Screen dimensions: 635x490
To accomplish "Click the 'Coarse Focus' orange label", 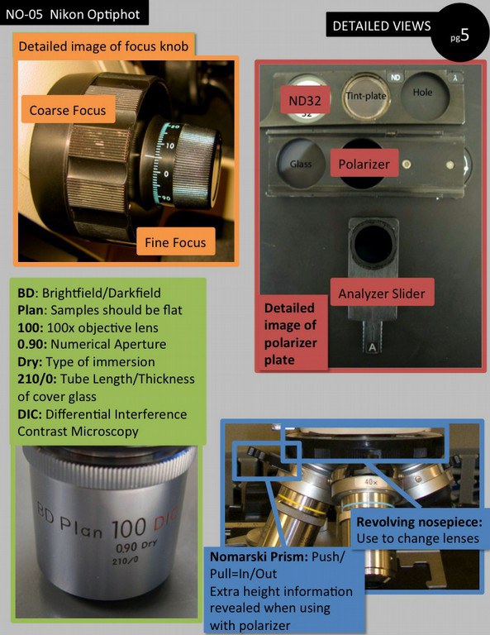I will (x=68, y=110).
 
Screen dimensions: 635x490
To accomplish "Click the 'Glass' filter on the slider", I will (x=299, y=163).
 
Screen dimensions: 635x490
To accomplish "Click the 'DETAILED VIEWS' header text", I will (x=381, y=26).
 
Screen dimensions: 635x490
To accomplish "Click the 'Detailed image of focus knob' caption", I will (x=103, y=46).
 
